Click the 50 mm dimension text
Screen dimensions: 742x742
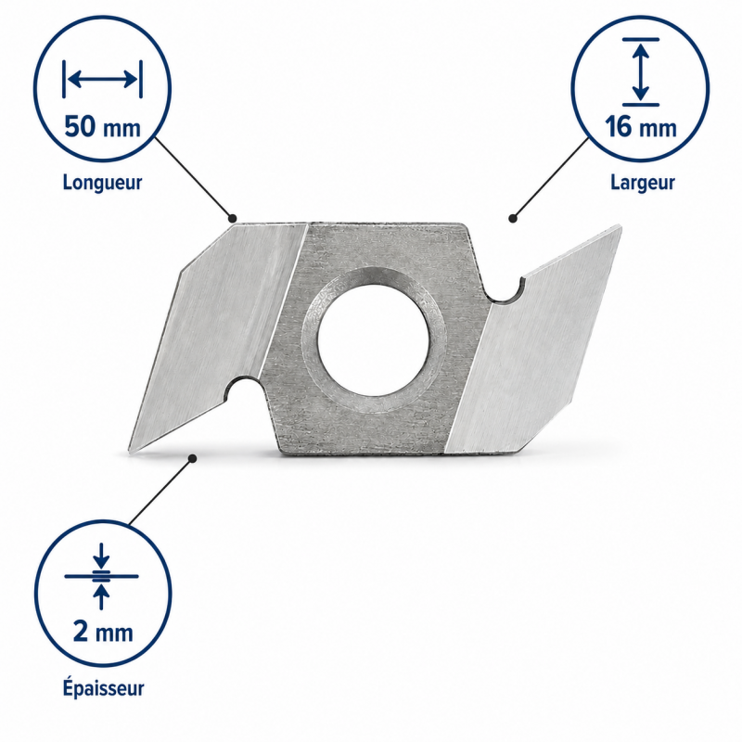102,127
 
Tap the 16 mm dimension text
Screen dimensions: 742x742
640,127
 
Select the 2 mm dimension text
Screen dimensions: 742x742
103,633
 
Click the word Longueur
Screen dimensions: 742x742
102,183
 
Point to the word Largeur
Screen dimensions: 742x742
642,182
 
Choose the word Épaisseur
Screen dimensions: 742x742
103,687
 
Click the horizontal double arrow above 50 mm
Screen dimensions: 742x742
102,79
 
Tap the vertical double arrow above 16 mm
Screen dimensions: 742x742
640,71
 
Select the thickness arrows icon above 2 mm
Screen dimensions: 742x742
101,576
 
